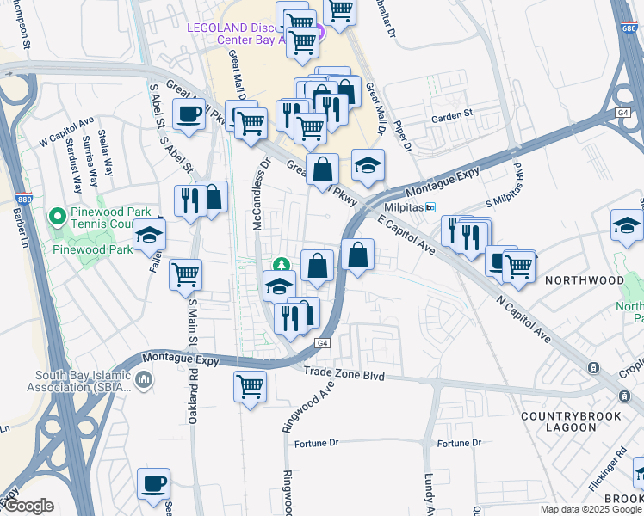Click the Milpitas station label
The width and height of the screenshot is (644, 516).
[x=407, y=207]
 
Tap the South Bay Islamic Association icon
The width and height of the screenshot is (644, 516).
[x=143, y=378]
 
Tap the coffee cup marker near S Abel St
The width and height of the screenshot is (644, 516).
[x=189, y=113]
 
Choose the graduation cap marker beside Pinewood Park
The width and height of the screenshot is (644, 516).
[x=149, y=233]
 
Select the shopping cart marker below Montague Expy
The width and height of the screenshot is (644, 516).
[x=250, y=385]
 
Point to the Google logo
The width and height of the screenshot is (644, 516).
[x=28, y=506]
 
